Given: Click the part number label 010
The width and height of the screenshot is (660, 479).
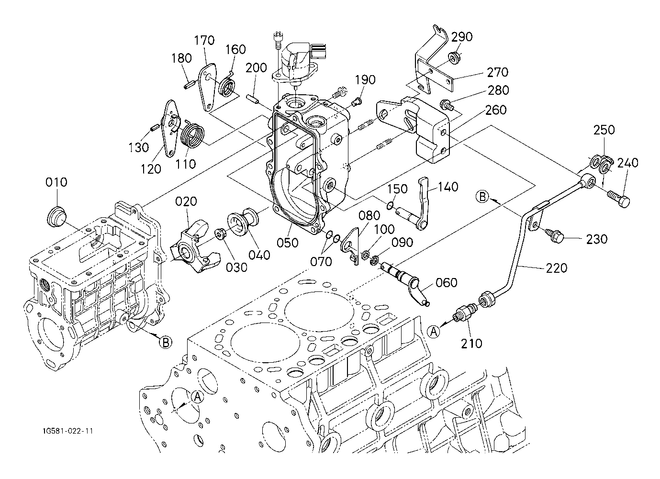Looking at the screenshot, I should tap(56, 182).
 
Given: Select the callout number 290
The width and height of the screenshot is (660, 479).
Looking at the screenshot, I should tap(462, 37).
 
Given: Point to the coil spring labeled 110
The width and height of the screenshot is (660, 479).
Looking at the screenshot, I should tap(193, 135).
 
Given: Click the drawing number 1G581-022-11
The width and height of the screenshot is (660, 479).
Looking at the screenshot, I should tap(67, 431).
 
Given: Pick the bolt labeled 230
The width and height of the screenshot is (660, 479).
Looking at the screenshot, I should tap(555, 234).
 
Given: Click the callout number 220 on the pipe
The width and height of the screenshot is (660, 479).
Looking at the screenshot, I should tap(557, 268).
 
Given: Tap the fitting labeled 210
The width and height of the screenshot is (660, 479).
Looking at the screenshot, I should tap(462, 314).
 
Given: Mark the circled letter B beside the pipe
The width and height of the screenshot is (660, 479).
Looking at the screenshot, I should tap(482, 196).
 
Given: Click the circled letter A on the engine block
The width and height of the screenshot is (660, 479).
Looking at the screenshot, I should tap(197, 397).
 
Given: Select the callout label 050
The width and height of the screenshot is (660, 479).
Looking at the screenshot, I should tap(287, 243).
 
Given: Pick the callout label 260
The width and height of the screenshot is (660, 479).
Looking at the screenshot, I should tap(495, 110).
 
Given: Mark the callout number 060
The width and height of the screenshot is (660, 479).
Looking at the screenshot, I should tap(446, 283).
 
